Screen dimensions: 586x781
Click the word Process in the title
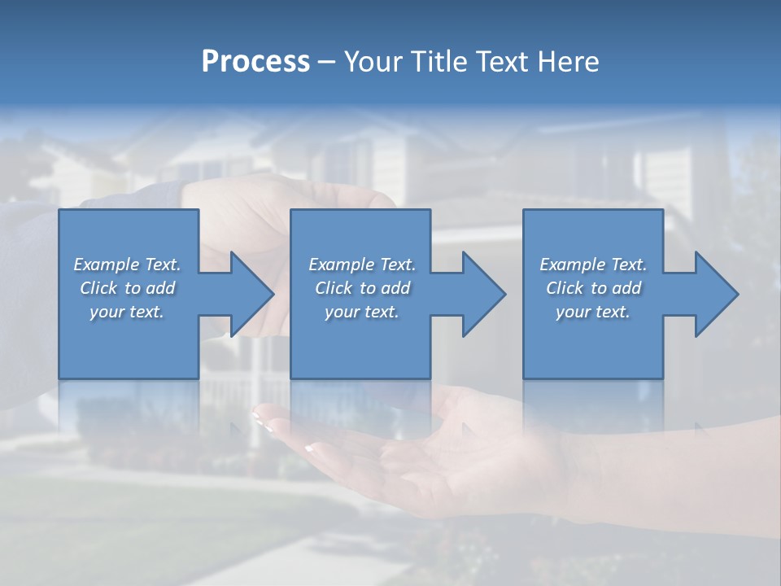point(255,62)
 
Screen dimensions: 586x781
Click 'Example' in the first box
point(106,265)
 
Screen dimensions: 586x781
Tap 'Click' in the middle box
point(334,288)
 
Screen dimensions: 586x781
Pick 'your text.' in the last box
point(592,312)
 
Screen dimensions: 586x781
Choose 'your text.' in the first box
point(127,312)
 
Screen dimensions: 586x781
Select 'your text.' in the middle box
point(361,312)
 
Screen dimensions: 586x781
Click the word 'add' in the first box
point(160,288)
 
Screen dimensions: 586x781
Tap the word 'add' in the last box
point(626,288)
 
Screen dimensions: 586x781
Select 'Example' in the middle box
point(341,265)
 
